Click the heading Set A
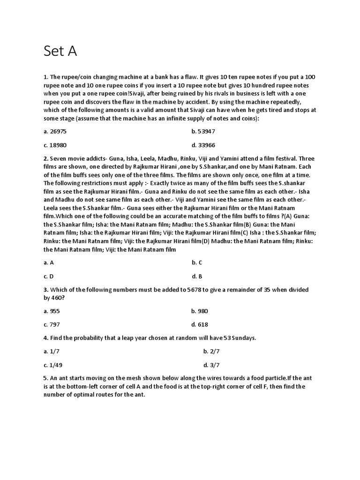pyautogui.click(x=60, y=51)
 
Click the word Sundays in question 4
pyautogui.click(x=244, y=338)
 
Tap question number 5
pyautogui.click(x=45, y=378)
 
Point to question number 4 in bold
pyautogui.click(x=45, y=338)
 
